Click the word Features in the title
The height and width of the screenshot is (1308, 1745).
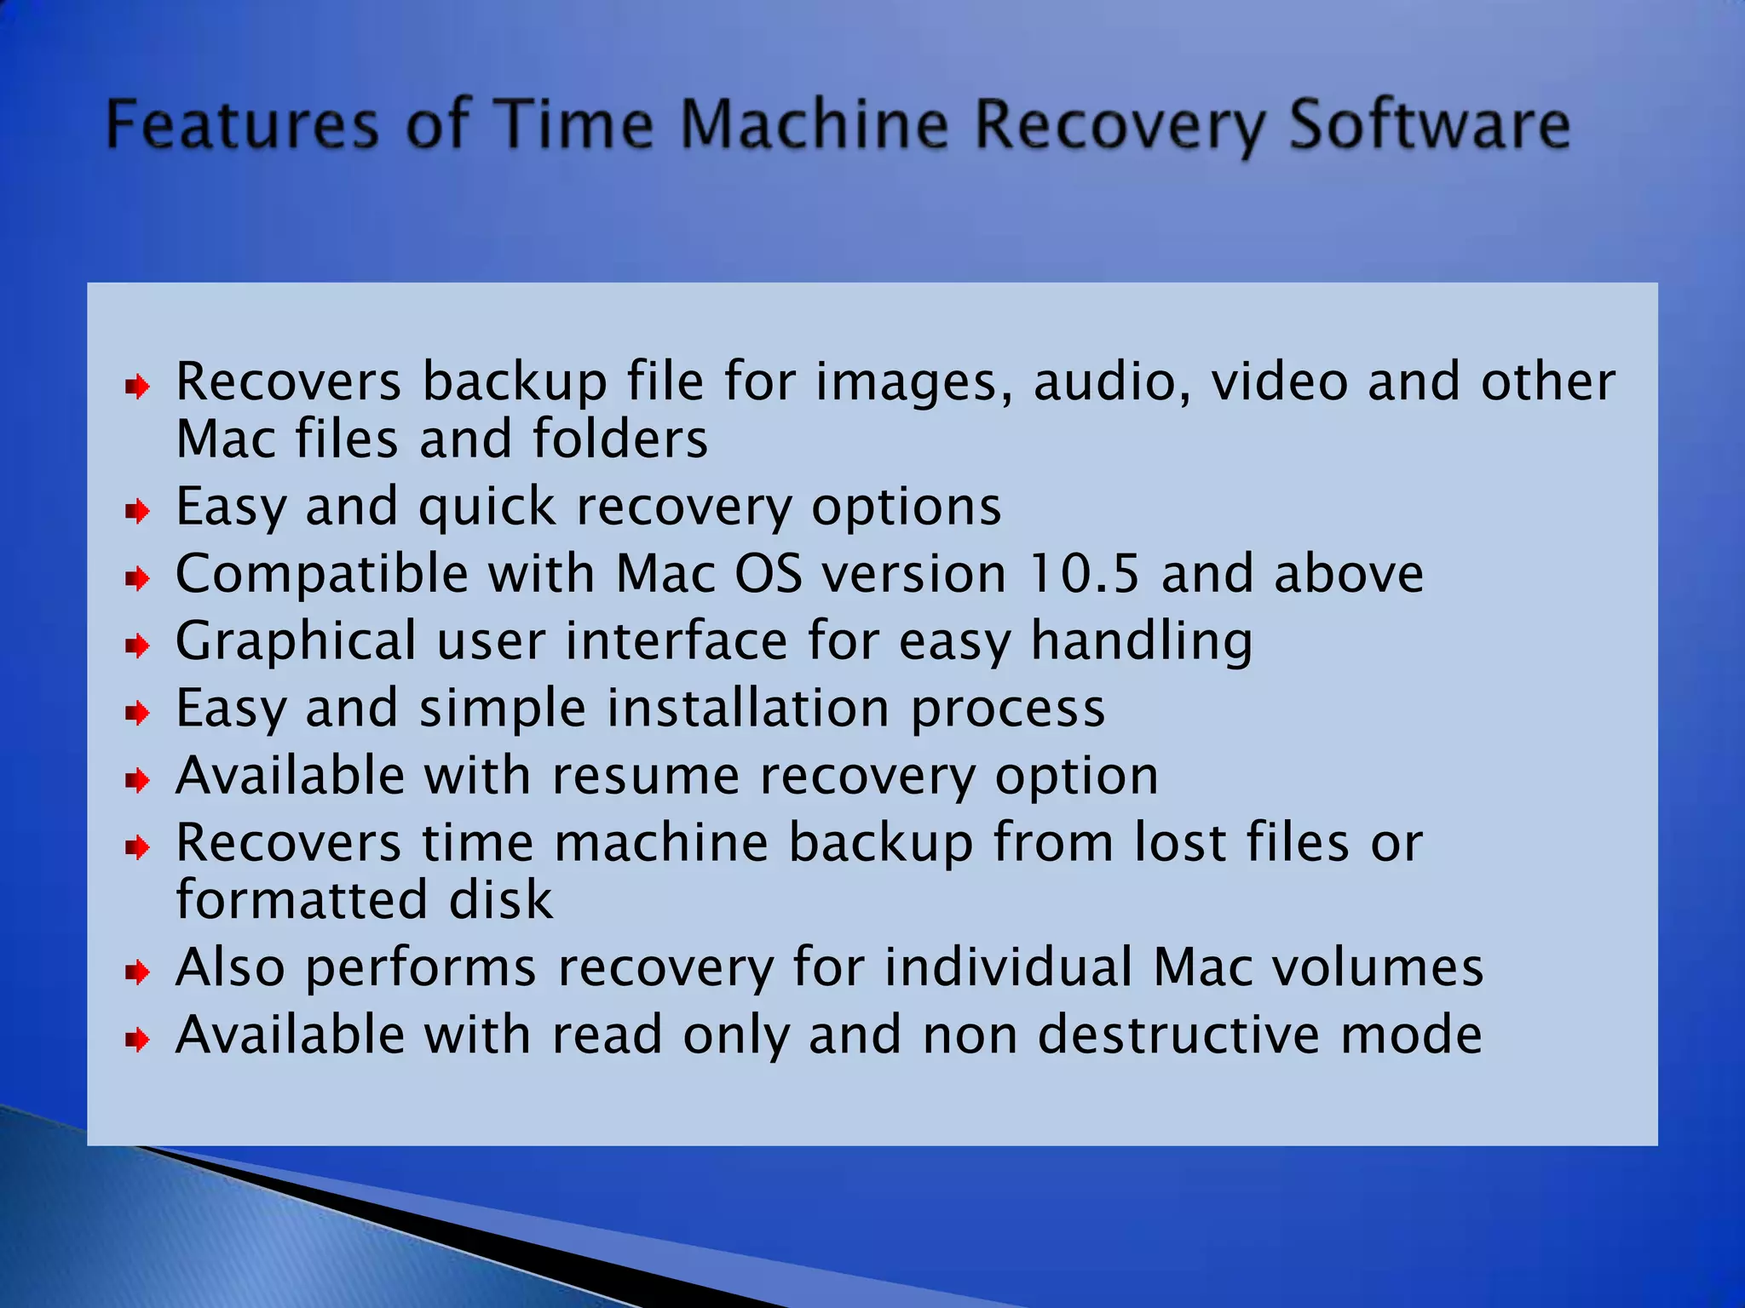point(241,124)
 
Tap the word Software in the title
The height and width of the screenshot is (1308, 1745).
point(1429,124)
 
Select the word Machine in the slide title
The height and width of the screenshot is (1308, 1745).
point(815,124)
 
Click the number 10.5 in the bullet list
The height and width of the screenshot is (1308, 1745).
point(1083,573)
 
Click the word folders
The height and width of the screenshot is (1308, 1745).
point(619,439)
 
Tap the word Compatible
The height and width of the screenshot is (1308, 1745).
point(321,574)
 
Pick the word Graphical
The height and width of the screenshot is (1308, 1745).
point(296,641)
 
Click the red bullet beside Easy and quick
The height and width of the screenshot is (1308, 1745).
point(137,512)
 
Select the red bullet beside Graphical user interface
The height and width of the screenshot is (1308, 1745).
point(137,646)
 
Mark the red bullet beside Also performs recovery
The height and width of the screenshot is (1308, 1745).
point(137,972)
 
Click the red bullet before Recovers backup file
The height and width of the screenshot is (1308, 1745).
point(137,387)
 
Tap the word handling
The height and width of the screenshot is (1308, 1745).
point(1141,641)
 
